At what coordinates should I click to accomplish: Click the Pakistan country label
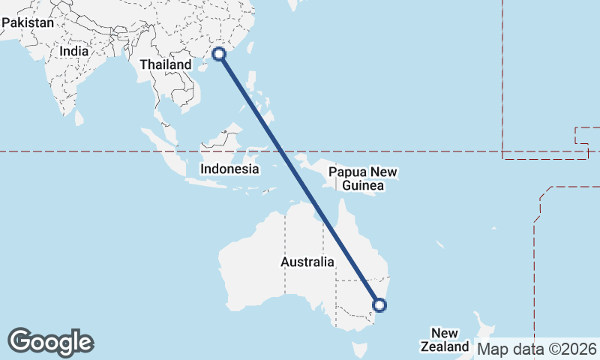[x=28, y=23]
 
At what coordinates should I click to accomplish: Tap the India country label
[x=74, y=52]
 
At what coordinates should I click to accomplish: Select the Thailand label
[x=166, y=64]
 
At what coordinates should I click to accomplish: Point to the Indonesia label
[x=229, y=169]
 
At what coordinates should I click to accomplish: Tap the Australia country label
[x=307, y=262]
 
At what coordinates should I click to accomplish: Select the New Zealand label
[x=445, y=340]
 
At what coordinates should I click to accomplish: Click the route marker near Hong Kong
[x=220, y=53]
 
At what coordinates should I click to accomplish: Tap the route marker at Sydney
[x=379, y=304]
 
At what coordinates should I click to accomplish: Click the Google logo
[x=50, y=342]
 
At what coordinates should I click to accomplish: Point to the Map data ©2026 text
[x=537, y=349]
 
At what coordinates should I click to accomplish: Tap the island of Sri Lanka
[x=78, y=118]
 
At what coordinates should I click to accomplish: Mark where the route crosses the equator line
[x=283, y=152]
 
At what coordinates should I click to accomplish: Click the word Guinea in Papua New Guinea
[x=363, y=186]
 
